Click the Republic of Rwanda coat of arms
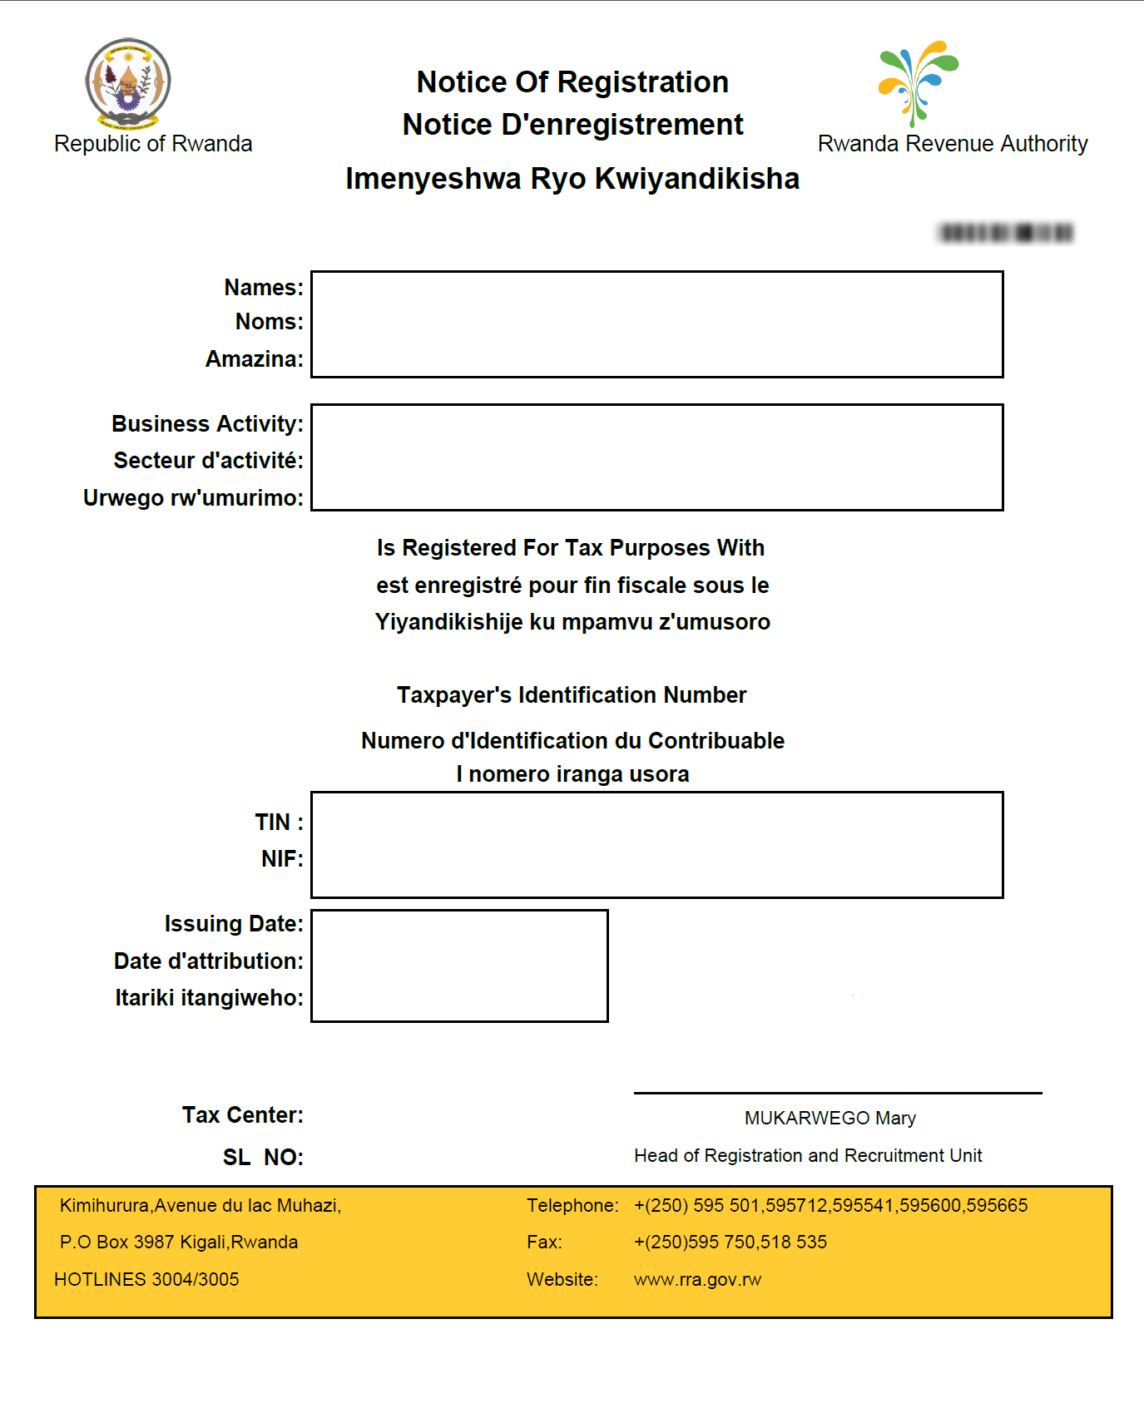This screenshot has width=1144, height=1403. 128,84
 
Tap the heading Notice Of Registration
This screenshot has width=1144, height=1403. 572,82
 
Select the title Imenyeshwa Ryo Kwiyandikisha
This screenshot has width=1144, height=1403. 572,179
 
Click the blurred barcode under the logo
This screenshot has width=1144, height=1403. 1006,233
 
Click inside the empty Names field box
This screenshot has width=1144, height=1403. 656,324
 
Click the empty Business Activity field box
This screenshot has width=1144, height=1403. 656,457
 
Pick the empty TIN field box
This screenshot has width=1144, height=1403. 656,845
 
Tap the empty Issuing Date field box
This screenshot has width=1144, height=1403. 459,966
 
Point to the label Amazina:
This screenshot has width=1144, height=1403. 255,359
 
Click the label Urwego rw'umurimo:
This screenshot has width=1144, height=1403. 193,498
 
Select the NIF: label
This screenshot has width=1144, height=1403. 282,859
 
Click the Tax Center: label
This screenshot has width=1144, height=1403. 243,1115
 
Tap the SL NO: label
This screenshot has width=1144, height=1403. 263,1158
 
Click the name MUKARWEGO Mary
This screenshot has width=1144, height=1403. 830,1119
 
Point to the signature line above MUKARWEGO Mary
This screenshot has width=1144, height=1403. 837,1093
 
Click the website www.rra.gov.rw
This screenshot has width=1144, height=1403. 697,1280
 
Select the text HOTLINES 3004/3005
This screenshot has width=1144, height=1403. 146,1280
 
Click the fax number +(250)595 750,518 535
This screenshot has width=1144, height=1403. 730,1242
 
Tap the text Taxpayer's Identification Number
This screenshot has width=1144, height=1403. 572,695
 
